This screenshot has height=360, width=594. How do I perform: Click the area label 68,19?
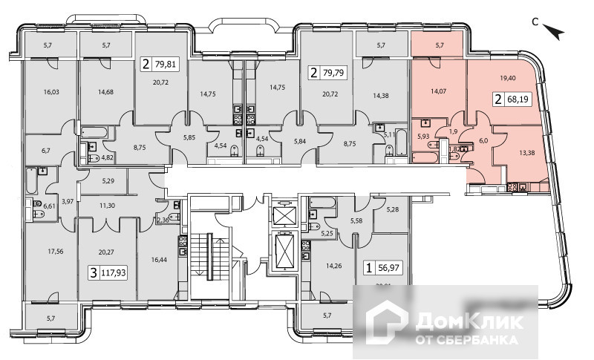tap(520, 99)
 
